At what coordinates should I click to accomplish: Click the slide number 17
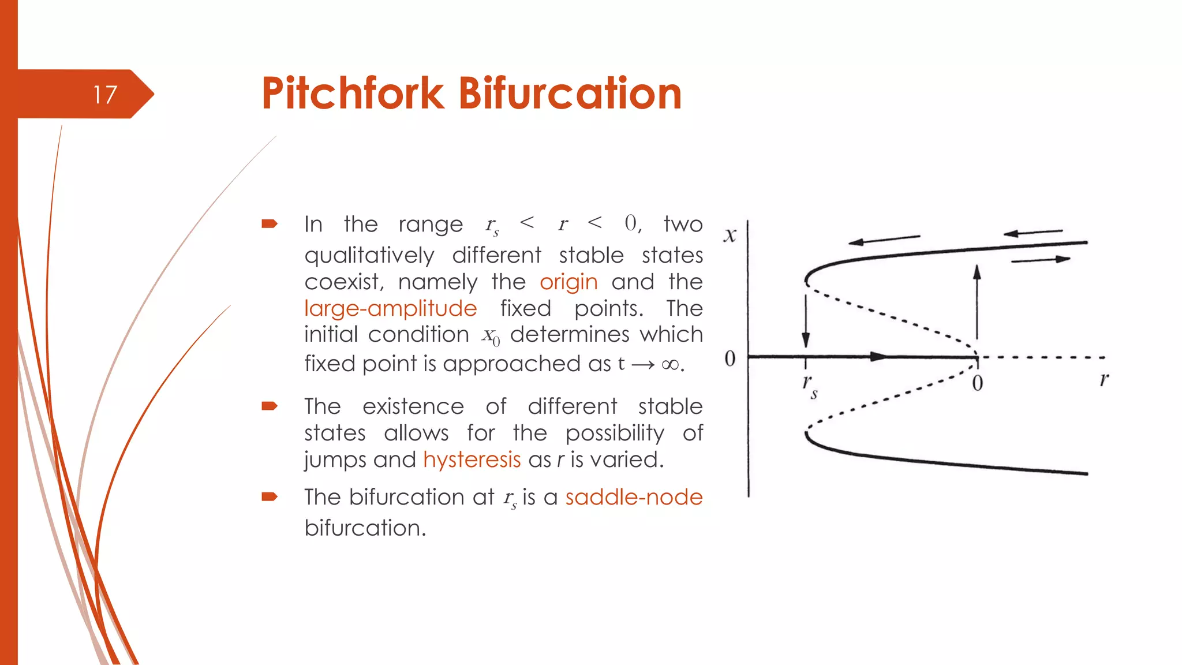point(105,95)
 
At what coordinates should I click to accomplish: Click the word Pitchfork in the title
point(353,94)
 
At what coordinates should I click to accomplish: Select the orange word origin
point(568,282)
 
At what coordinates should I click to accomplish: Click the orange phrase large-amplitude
point(390,309)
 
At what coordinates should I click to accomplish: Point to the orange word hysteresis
point(472,460)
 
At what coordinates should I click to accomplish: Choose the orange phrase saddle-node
point(634,497)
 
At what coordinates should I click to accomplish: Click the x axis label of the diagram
point(730,235)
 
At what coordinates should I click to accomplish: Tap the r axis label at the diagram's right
point(1104,379)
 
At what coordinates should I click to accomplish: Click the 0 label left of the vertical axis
point(730,358)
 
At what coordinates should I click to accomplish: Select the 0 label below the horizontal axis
point(977,383)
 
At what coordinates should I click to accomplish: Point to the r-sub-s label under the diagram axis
point(810,386)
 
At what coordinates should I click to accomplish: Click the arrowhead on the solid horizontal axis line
point(877,357)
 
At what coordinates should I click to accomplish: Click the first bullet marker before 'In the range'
point(270,224)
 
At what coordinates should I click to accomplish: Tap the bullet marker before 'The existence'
point(270,406)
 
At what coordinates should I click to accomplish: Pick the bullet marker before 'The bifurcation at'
point(270,497)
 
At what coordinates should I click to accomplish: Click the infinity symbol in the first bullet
point(670,365)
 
